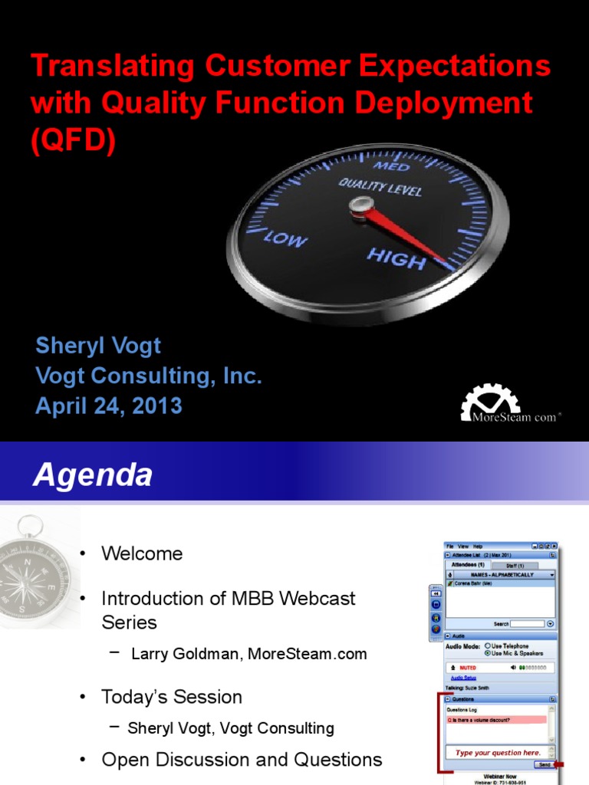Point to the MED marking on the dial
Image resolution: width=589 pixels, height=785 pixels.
coord(392,166)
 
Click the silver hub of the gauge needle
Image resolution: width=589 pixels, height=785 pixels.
coord(360,205)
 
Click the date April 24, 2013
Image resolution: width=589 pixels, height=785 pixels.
coord(109,406)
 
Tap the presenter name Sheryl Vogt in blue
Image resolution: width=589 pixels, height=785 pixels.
coord(98,345)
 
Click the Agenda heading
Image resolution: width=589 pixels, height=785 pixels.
coord(92,476)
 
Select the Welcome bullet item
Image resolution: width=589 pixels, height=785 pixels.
coord(143,553)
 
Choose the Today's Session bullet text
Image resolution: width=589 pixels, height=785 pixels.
coord(172,697)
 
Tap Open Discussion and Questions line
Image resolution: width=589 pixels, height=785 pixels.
coord(242,760)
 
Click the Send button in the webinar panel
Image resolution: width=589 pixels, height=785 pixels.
coord(544,764)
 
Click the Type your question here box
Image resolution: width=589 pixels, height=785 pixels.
coord(498,752)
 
